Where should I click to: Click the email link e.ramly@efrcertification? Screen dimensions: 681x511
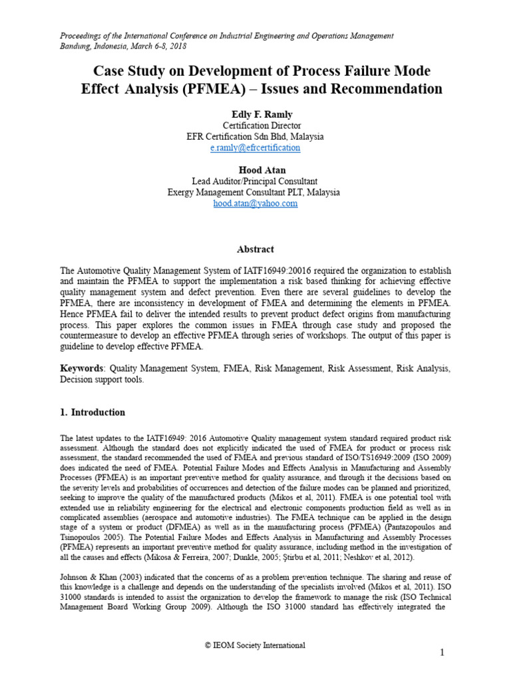click(x=255, y=148)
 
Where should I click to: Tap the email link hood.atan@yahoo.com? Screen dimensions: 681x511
click(x=255, y=204)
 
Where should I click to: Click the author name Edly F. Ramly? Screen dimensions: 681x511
click(x=255, y=114)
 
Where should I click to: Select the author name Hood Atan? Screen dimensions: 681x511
click(x=255, y=170)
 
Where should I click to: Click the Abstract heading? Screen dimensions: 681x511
click(x=255, y=249)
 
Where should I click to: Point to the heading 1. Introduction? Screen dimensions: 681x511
click(x=92, y=412)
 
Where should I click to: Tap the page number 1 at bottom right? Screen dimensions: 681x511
click(x=442, y=654)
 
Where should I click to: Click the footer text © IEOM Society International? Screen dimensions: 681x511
click(x=255, y=645)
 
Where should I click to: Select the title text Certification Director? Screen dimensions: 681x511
click(x=255, y=126)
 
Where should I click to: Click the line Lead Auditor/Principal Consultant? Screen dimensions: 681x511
click(x=255, y=181)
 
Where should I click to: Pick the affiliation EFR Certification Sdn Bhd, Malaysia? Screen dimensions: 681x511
click(x=255, y=136)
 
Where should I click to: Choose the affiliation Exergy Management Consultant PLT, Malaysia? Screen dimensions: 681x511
click(x=255, y=192)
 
